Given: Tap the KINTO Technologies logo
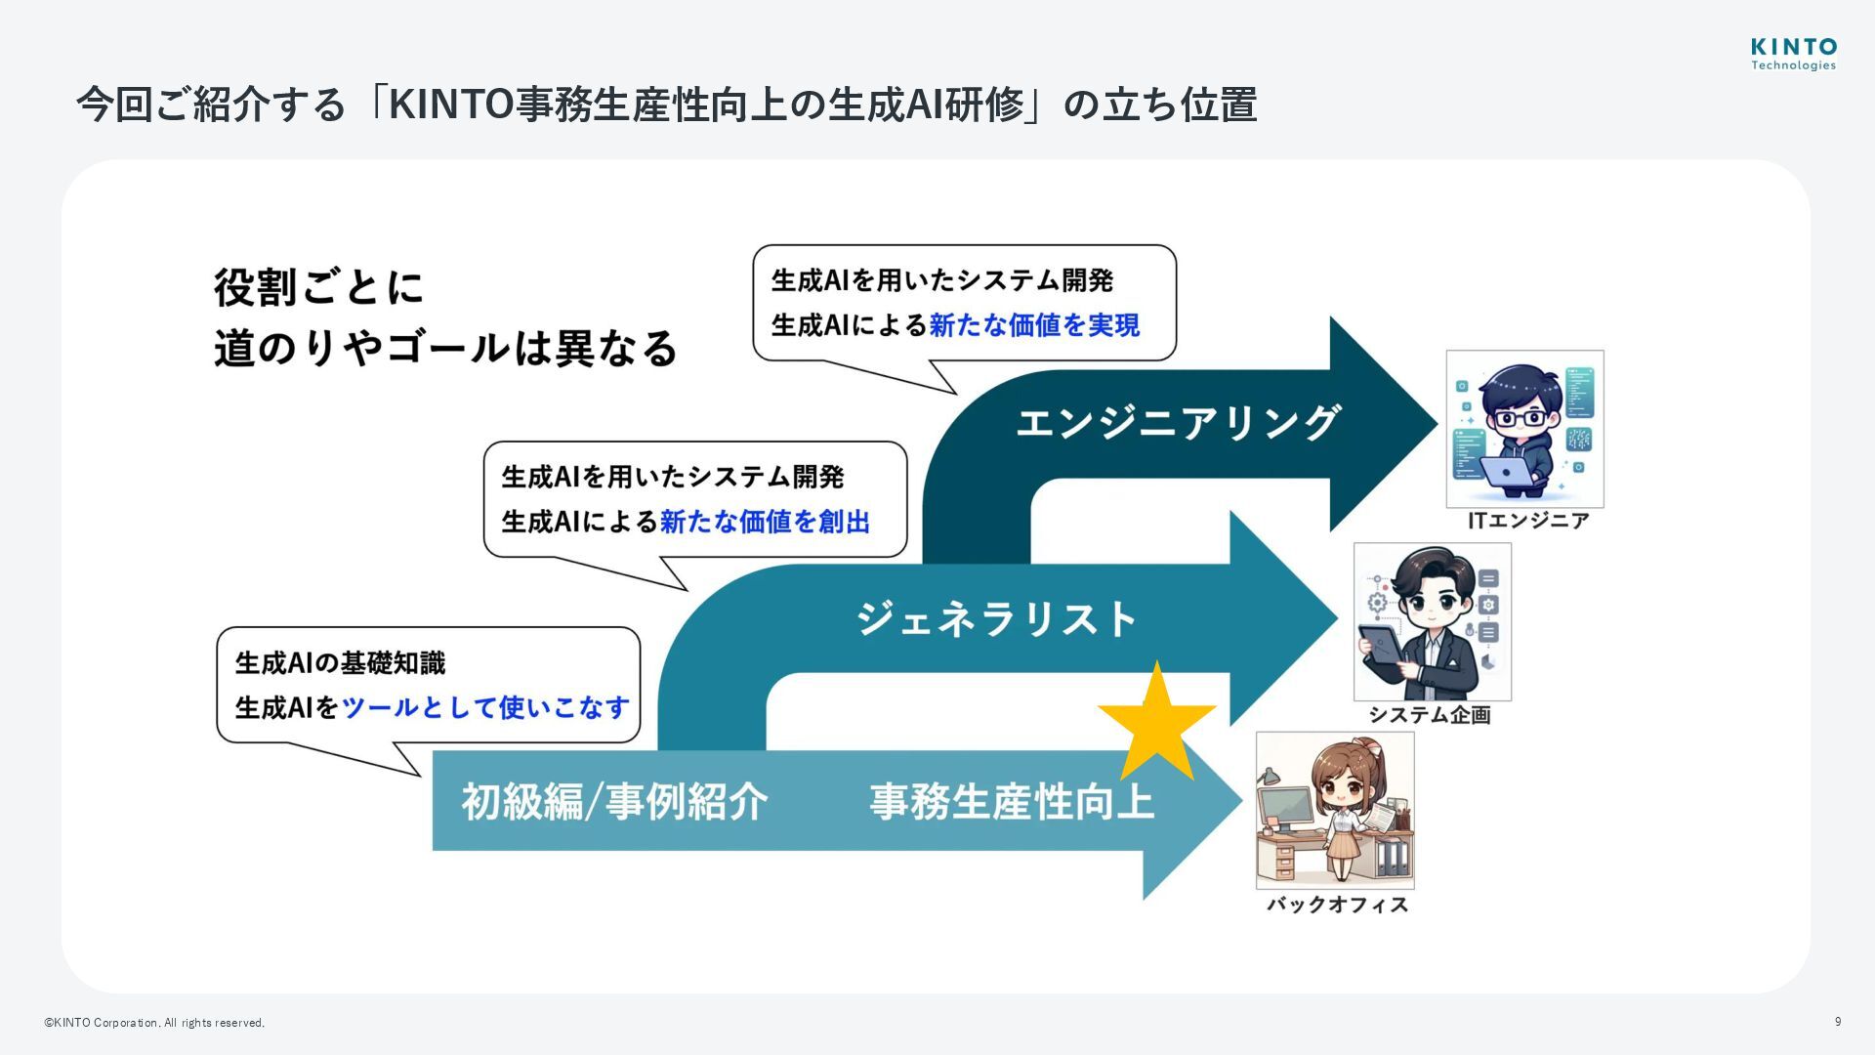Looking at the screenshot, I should (1793, 54).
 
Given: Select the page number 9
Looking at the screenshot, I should (1838, 1022).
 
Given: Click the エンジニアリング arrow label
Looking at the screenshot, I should (1177, 423).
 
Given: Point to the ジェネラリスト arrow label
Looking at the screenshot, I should (997, 619).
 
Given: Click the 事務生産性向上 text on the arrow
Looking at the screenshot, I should (1012, 802).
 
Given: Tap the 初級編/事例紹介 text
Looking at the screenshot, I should (614, 802).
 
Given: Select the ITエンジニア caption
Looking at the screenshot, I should (1528, 521).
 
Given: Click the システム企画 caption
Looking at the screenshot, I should (1429, 715).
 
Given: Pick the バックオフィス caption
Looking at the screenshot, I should (1337, 905).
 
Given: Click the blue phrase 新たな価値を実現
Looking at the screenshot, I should (1034, 325).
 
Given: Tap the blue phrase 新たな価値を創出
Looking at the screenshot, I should (765, 522).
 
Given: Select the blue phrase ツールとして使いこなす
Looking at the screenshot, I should (485, 707).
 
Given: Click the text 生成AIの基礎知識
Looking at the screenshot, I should (340, 663).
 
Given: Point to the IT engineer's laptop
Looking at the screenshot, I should (1507, 472).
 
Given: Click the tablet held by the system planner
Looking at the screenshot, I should (1382, 649).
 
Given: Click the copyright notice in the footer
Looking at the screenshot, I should (154, 1023).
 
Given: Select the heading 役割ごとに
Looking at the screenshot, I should (318, 288).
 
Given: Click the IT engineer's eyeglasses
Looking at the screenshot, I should (1521, 418).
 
